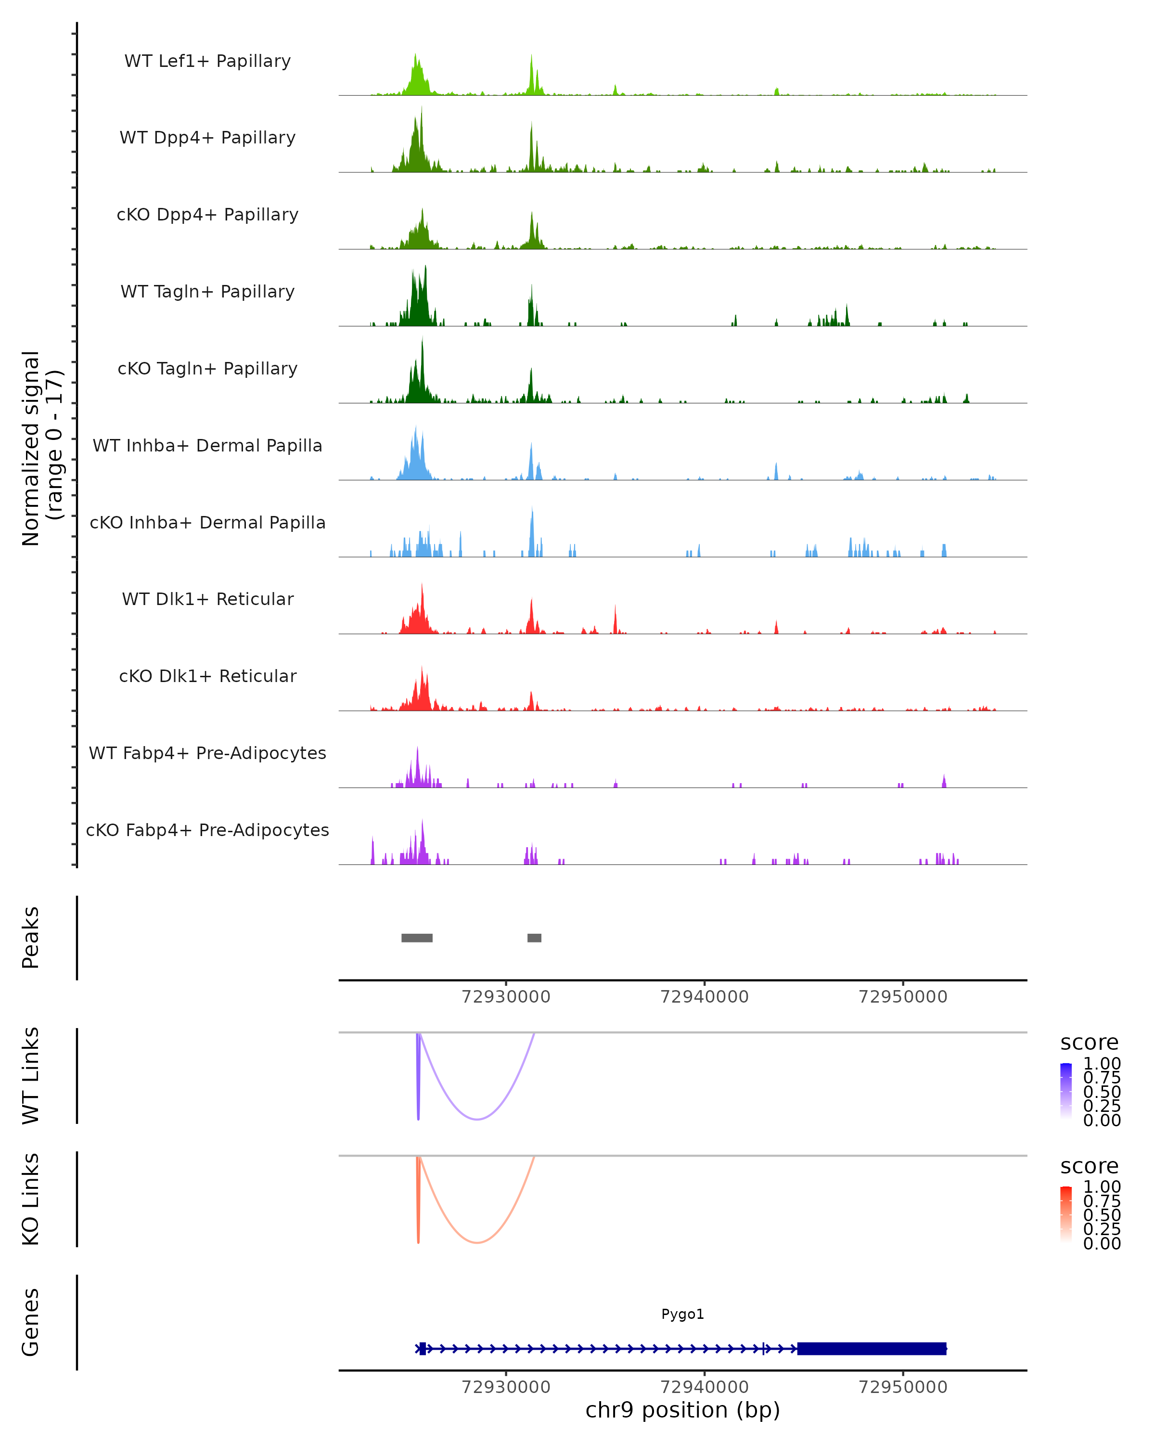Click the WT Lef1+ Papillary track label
[207, 61]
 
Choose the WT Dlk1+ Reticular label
[207, 599]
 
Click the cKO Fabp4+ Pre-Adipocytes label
[207, 830]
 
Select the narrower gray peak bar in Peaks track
[534, 938]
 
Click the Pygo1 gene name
[682, 1314]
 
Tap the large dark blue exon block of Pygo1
[871, 1348]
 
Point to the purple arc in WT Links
[477, 1119]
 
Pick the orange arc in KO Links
[477, 1242]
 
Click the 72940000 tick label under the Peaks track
[705, 997]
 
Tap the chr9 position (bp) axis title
[682, 1410]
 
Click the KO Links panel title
[31, 1199]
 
